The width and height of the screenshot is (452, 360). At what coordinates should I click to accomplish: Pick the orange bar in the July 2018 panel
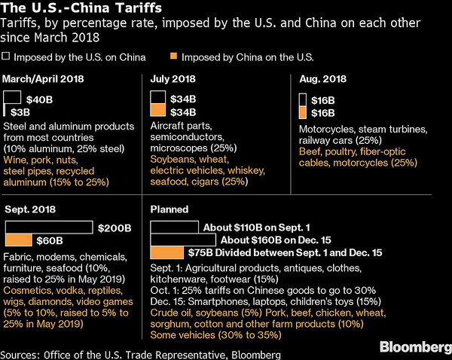point(158,111)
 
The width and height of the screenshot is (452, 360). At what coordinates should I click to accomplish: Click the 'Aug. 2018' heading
point(322,79)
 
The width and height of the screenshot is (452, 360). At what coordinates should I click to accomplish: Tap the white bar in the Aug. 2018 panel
point(303,99)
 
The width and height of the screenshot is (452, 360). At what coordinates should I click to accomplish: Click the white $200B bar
point(49,227)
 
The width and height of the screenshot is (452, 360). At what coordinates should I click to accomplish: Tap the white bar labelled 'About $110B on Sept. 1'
point(176,227)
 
